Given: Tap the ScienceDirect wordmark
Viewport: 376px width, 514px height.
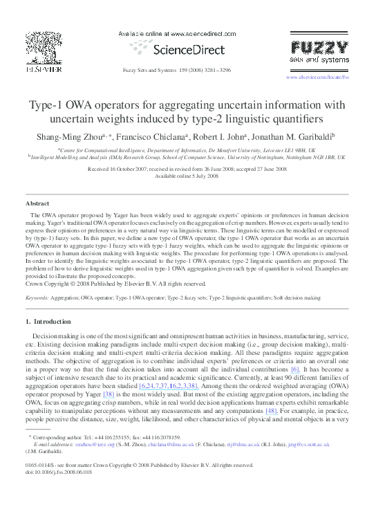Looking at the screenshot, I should tap(189, 50).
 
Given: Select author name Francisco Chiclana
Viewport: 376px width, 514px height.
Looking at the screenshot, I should tap(153, 137).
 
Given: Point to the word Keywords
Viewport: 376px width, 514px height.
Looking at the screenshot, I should tap(36, 298).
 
